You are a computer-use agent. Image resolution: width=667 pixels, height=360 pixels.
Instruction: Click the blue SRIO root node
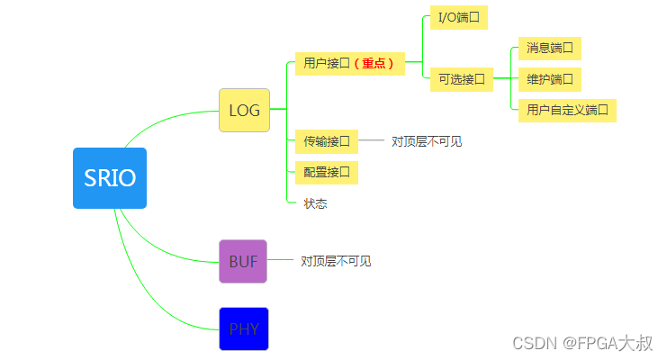pyautogui.click(x=110, y=178)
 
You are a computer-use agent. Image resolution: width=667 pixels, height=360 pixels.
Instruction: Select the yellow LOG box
pyautogui.click(x=244, y=111)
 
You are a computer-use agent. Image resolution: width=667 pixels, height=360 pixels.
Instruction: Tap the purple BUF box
pyautogui.click(x=243, y=261)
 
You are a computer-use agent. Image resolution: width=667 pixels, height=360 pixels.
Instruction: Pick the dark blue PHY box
pyautogui.click(x=244, y=328)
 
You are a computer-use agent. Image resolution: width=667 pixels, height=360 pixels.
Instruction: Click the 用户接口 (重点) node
pyautogui.click(x=349, y=64)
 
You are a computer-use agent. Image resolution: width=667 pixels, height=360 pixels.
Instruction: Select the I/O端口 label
pyautogui.click(x=458, y=18)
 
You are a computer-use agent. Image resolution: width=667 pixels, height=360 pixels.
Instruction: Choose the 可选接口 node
pyautogui.click(x=461, y=79)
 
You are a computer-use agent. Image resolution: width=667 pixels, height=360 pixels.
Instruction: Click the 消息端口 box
pyautogui.click(x=550, y=48)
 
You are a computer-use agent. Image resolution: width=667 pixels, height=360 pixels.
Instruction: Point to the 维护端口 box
pyautogui.click(x=550, y=79)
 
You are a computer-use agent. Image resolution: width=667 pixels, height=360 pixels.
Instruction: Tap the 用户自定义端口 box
pyautogui.click(x=567, y=111)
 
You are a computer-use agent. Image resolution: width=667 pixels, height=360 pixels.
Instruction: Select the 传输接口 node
pyautogui.click(x=326, y=141)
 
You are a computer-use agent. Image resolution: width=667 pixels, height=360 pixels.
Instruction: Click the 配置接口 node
pyautogui.click(x=326, y=171)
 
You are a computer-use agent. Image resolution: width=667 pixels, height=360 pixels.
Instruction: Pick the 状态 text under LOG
pyautogui.click(x=315, y=203)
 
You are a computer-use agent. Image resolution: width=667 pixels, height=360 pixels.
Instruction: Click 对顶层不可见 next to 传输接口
pyautogui.click(x=427, y=141)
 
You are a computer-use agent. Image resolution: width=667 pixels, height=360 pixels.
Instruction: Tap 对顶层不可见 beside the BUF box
pyautogui.click(x=336, y=261)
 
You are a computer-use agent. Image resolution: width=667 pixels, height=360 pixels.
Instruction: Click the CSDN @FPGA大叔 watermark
pyautogui.click(x=582, y=343)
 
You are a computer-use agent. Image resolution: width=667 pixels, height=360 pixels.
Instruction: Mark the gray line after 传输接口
pyautogui.click(x=371, y=141)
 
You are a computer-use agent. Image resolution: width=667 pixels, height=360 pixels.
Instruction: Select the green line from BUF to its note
pyautogui.click(x=283, y=261)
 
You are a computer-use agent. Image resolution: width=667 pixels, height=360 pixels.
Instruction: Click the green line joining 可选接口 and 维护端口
pyautogui.click(x=506, y=79)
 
